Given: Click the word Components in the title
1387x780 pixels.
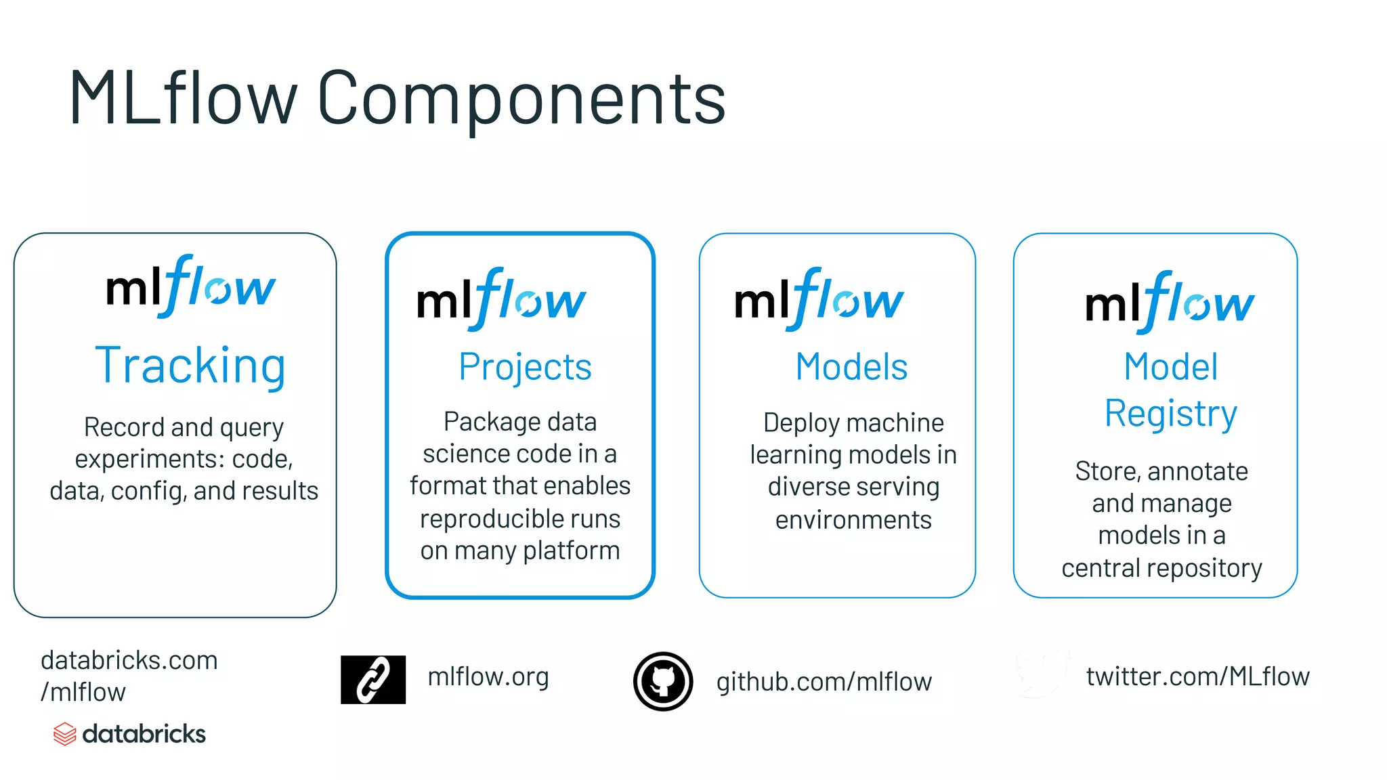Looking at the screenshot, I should click(521, 98).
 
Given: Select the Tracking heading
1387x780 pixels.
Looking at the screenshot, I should click(190, 366).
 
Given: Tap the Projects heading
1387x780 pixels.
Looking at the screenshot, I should click(525, 367).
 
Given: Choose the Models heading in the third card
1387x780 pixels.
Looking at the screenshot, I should click(851, 367).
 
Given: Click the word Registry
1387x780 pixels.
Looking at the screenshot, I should click(1171, 413).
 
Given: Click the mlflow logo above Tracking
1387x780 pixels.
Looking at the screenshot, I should click(191, 287).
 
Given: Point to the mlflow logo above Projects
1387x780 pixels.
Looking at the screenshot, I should click(501, 300).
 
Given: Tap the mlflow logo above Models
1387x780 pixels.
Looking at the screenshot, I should click(819, 300).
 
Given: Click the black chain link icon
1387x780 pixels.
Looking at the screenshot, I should click(373, 679).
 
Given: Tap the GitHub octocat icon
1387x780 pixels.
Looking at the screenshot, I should click(663, 681).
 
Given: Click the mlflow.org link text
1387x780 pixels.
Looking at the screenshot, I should click(488, 676).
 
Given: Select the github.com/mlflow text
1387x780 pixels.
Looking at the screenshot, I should click(824, 682).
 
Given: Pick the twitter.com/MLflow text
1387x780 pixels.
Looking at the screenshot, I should click(1197, 676).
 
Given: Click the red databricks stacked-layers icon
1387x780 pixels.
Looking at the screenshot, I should click(64, 734).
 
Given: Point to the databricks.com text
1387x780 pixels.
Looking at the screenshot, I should click(129, 660).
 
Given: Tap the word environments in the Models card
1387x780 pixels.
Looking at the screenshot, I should click(853, 520).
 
